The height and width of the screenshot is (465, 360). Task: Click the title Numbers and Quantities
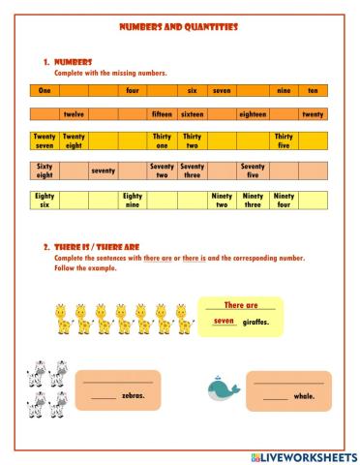pos(179,28)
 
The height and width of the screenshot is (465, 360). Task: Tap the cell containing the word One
pos(45,90)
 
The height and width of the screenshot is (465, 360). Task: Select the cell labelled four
pos(133,90)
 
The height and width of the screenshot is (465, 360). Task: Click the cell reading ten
pos(312,90)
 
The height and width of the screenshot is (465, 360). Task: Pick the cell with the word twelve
pos(74,114)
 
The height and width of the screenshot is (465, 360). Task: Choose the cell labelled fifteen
pos(162,114)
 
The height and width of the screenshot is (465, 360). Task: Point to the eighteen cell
pos(253,114)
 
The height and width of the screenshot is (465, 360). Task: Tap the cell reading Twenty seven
pos(45,141)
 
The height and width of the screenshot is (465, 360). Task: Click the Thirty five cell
pos(284,141)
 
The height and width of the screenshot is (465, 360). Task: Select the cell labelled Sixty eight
pos(45,171)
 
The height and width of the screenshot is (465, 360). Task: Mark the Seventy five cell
pos(253,171)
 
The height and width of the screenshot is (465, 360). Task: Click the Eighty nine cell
pos(133,201)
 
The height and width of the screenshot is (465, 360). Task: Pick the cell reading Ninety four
pos(284,201)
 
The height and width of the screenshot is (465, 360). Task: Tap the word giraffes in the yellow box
pos(255,322)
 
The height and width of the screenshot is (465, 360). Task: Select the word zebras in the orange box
pos(133,396)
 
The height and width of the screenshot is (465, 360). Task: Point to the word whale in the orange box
pos(304,396)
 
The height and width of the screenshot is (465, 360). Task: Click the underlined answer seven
pos(225,321)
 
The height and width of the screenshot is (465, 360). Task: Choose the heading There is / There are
pos(87,247)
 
